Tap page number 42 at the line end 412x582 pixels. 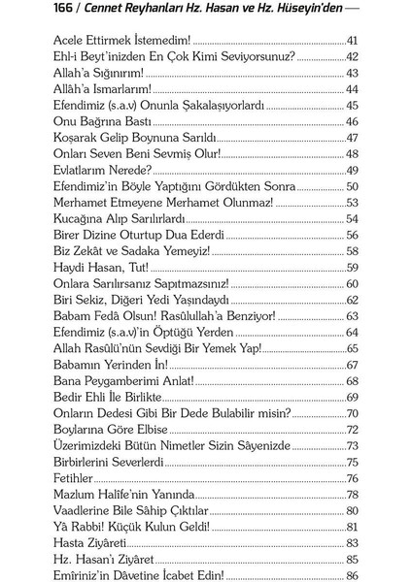point(353,56)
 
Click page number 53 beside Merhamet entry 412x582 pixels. point(353,202)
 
